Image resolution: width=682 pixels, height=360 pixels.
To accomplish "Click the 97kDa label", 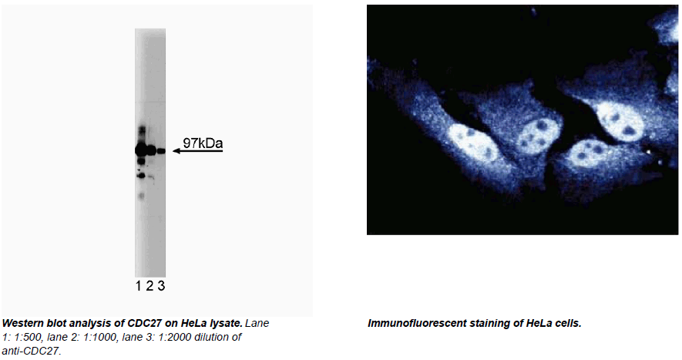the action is pos(203,143).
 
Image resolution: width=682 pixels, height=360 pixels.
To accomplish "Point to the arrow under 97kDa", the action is pos(198,151).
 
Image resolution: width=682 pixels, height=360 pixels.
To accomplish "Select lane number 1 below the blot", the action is pos(138,286).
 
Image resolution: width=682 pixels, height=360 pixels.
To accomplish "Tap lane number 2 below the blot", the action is pos(150,286).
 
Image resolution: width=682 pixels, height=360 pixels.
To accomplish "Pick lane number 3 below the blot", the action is pos(161,286).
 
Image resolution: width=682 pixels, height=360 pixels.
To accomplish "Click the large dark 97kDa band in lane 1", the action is pos(140,150).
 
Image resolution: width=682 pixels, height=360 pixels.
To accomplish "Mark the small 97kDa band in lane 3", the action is pos(161,151).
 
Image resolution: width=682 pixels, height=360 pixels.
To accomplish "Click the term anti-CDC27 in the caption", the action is pos(31,351).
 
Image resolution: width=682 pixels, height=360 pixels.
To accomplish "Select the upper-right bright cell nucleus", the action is pos(620,121).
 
